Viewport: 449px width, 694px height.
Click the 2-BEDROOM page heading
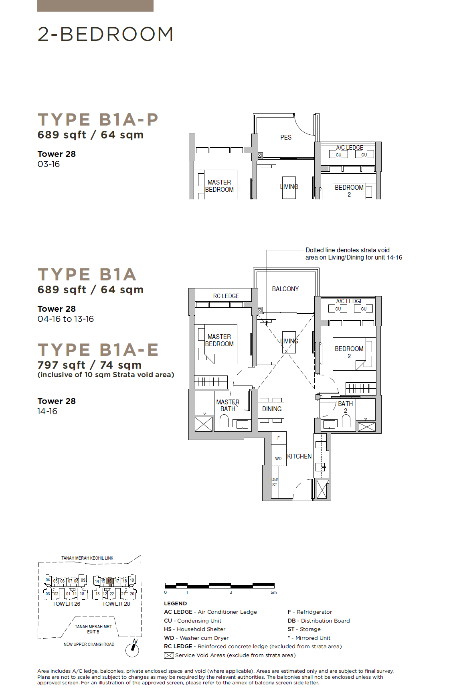105,34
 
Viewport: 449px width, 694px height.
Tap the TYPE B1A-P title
98,120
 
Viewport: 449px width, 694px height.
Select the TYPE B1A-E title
98,350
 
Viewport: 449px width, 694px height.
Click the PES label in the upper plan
286,137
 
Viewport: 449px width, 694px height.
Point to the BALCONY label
285,289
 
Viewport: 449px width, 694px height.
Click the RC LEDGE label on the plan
226,296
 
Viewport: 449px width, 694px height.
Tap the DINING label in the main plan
272,409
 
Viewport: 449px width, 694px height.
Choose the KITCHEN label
299,456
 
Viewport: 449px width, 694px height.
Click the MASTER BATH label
228,405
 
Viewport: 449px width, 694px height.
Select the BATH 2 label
345,407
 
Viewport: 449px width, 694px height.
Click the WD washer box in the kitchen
279,458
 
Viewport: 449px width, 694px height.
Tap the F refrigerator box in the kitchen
279,438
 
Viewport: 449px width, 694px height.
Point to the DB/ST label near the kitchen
275,482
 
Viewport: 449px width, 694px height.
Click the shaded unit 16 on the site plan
109,581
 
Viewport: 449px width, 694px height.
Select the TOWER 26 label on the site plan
66,604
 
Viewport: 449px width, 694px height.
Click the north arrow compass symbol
132,649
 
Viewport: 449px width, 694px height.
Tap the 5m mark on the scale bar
273,592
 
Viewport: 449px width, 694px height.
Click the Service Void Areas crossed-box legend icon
169,655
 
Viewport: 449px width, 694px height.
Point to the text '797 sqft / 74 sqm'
89,365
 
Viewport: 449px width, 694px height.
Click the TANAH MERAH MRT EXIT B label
93,629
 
